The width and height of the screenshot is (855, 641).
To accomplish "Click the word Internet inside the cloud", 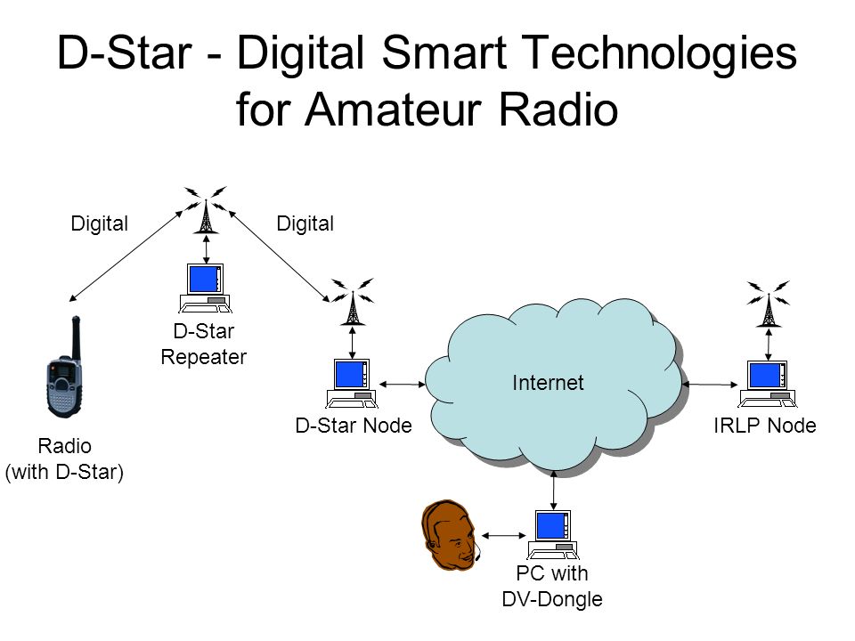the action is point(548,383).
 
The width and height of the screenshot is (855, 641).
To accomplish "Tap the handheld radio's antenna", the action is point(77,338).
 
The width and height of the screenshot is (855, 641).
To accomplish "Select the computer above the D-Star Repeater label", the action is point(205,288).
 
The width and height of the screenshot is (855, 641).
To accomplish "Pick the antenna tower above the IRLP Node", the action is point(769,304).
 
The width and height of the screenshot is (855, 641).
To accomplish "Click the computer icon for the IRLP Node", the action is point(767,384).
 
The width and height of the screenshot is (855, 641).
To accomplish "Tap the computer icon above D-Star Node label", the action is point(352,383).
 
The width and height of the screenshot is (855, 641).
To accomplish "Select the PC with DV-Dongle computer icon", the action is point(553,535).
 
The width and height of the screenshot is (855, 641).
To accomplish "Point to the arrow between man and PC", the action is point(504,536).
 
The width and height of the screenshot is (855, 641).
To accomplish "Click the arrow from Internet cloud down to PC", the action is point(554,490).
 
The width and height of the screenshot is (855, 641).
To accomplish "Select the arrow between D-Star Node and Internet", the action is point(403,385).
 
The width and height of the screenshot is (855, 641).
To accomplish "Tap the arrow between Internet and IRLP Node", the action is point(710,385).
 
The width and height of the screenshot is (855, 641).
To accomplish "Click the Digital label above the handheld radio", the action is point(99,223).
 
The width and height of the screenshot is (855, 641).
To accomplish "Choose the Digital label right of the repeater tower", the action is point(305,223).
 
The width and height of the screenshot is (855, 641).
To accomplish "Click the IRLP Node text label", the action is point(764,426).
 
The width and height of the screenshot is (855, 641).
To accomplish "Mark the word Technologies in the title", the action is point(661,53).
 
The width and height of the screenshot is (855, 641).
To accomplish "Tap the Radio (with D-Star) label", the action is point(64,459).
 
